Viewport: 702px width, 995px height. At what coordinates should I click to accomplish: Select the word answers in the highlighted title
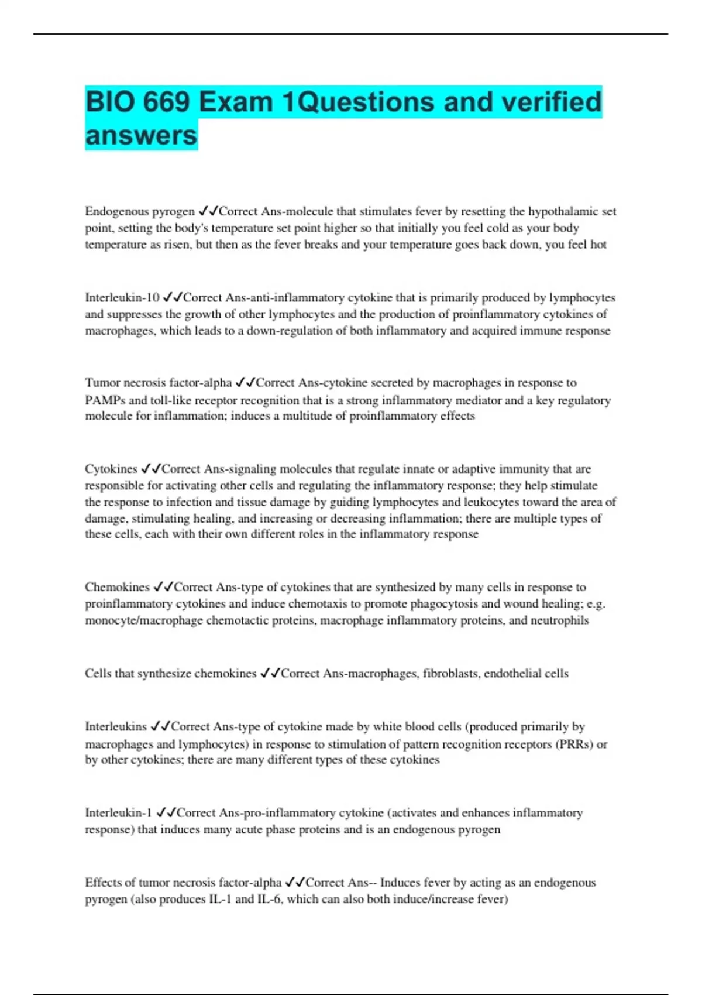142,135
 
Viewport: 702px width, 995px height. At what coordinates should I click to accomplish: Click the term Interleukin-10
122,297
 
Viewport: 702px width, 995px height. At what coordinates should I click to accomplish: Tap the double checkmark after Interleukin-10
173,297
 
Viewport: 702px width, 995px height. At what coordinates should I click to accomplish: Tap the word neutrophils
559,620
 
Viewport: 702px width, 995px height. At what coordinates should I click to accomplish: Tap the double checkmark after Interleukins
160,726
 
